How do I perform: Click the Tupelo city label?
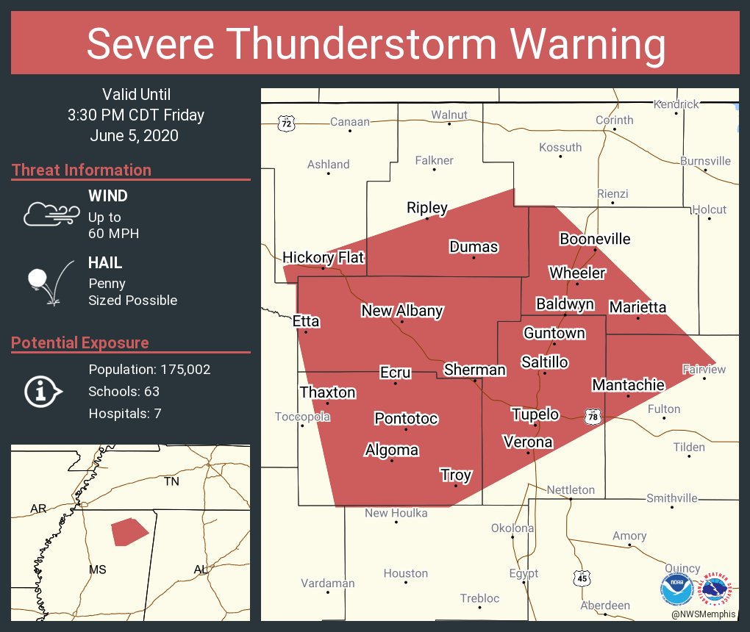click(x=535, y=414)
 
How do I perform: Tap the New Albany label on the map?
click(x=401, y=311)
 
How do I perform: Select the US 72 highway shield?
click(x=286, y=123)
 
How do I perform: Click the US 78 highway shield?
click(x=593, y=417)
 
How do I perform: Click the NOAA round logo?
click(x=676, y=589)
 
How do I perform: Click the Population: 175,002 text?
click(x=149, y=370)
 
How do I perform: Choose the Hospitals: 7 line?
click(x=125, y=414)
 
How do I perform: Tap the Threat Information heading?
click(x=82, y=170)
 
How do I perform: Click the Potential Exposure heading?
click(x=80, y=343)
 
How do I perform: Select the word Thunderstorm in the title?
click(x=376, y=44)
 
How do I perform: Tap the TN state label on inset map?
click(x=171, y=481)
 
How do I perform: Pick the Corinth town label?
click(x=614, y=120)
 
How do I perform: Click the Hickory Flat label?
click(x=323, y=257)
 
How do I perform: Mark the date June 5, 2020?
click(x=135, y=136)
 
